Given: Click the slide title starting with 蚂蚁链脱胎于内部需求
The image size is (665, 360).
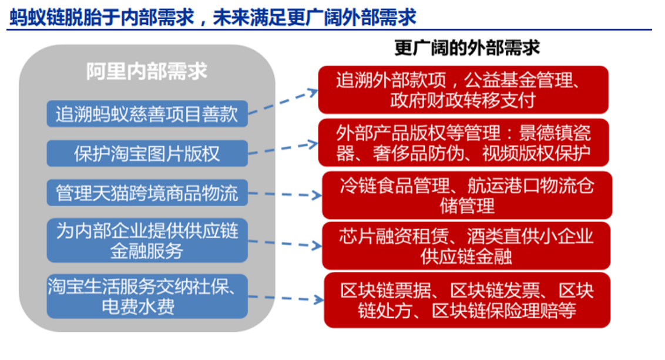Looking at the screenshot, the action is click(213, 17).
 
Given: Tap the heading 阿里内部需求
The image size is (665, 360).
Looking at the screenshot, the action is click(147, 71).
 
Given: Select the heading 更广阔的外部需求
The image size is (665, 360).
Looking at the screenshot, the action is click(467, 48).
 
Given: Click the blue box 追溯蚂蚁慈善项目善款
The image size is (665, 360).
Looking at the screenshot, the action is click(147, 114).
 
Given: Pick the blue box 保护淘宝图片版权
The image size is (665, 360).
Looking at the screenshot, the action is click(147, 153).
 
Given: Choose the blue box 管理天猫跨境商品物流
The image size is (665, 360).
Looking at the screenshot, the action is click(147, 193).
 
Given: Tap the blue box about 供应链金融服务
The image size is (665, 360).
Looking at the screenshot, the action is click(147, 240).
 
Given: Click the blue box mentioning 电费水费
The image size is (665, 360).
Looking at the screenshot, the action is click(147, 297).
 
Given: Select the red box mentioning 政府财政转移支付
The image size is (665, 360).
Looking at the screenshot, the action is click(463, 90).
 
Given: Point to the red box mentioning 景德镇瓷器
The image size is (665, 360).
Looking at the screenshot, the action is click(463, 143).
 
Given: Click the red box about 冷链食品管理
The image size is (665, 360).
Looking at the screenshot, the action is click(467, 196).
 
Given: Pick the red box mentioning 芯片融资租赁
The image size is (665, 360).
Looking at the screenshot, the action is click(466, 246).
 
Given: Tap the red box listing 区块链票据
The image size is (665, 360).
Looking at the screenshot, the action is click(467, 300).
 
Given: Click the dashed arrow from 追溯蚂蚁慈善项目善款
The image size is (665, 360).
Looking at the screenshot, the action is click(283, 102).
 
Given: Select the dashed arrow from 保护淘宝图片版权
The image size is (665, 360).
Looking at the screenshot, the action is click(283, 148).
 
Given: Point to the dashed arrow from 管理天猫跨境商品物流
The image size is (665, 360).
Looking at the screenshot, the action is click(285, 194).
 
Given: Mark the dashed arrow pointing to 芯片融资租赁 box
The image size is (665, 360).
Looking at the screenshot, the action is click(285, 243).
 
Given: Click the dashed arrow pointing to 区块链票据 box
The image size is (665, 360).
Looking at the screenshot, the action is click(286, 298).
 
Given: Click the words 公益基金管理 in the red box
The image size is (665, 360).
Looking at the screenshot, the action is click(517, 80).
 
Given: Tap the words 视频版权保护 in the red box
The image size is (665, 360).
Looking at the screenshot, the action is click(536, 153).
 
